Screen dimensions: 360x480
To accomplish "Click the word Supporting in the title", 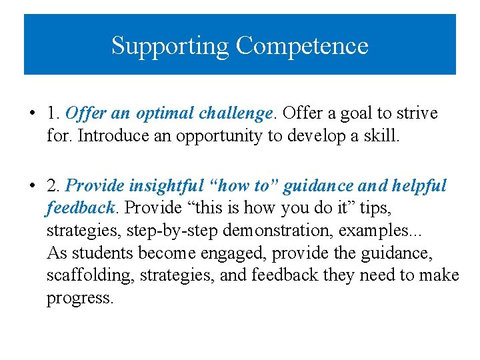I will point(171,46).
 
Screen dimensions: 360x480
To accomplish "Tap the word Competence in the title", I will point(301,46).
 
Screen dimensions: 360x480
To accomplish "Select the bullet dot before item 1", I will point(32,114).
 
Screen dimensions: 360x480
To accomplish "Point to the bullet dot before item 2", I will point(32,186).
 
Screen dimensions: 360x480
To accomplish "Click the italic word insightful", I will point(155,186).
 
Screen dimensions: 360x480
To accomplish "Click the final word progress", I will point(79,298).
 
